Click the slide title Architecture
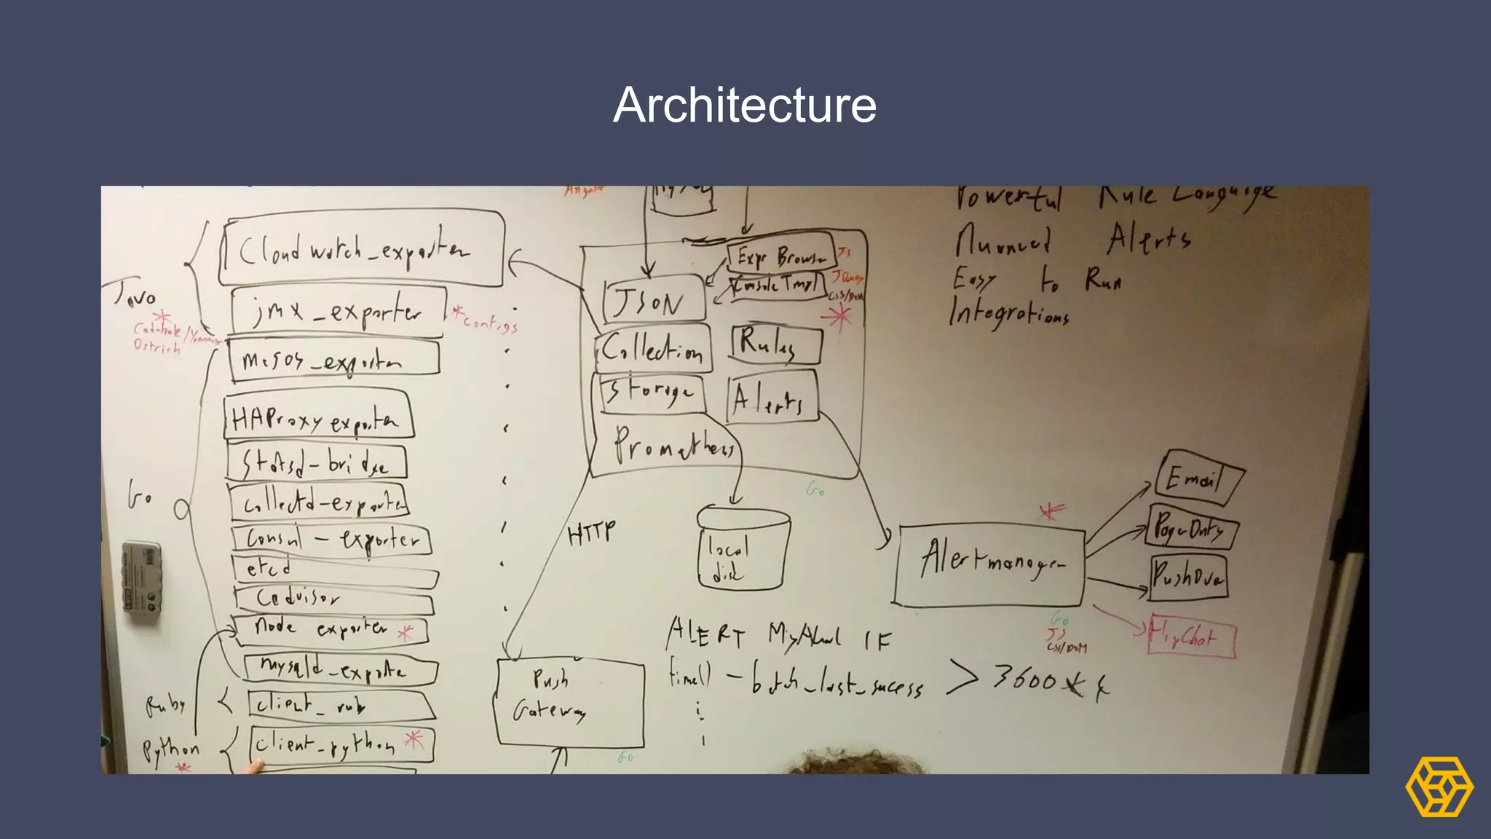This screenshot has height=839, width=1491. click(745, 105)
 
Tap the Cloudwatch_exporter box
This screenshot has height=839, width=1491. click(361, 250)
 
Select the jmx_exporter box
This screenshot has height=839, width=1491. click(338, 311)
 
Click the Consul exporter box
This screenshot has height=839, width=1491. click(331, 540)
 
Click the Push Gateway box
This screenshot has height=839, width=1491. click(569, 701)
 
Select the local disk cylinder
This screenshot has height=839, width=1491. click(743, 550)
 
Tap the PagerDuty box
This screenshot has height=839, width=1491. click(1191, 529)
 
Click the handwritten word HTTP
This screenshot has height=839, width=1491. click(591, 533)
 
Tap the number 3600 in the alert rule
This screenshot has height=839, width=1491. click(1025, 679)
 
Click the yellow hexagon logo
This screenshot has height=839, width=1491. click(1439, 787)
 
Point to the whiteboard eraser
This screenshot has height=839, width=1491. click(142, 581)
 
